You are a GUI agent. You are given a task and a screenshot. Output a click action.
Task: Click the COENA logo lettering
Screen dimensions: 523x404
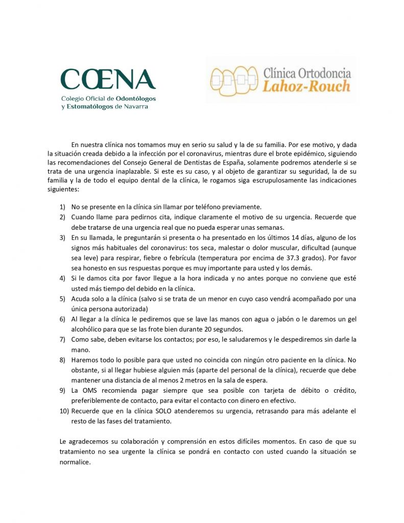[108, 80]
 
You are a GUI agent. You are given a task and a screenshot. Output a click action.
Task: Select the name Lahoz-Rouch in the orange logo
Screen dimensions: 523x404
[306, 85]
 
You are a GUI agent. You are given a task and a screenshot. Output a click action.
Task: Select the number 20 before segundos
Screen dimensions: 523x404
[213, 329]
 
